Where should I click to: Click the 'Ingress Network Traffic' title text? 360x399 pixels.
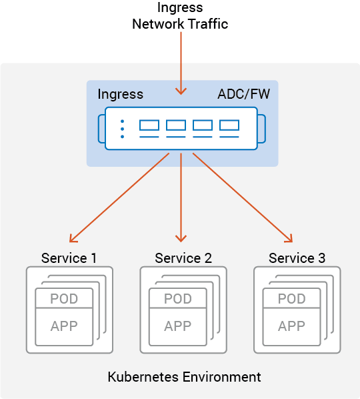point(180,16)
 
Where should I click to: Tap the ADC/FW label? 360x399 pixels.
point(243,94)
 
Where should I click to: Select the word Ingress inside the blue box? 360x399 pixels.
point(121,95)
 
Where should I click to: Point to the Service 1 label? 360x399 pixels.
point(69,258)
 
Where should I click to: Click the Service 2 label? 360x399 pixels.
point(183,258)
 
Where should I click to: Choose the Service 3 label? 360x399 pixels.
point(297,258)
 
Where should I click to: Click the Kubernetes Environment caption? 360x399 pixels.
point(184,377)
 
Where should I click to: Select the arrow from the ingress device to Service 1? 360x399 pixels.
point(119,197)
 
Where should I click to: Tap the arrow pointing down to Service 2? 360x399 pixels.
point(181,197)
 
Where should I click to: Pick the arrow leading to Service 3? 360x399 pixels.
point(243,197)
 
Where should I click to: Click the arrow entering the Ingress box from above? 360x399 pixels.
point(181,63)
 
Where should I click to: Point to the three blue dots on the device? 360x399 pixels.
point(122,129)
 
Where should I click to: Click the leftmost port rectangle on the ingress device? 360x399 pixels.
point(149,125)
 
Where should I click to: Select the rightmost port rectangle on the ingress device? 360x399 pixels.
point(229,125)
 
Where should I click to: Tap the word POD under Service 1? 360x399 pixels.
point(64,299)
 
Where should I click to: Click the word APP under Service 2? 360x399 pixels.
point(178,326)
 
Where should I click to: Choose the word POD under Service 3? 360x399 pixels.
point(291,299)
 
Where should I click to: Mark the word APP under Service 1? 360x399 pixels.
point(64,326)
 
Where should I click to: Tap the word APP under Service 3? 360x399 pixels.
point(291,326)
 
